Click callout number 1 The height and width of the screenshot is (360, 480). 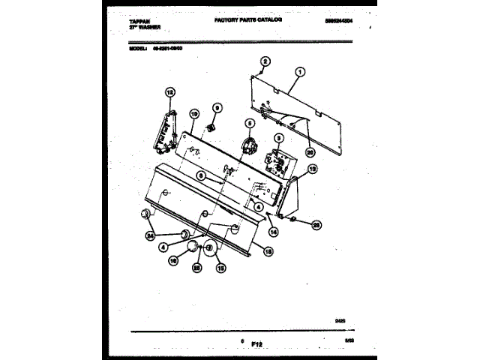(x=299, y=72)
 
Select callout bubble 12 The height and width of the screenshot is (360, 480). (x=169, y=93)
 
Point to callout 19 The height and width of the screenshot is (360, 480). (x=193, y=115)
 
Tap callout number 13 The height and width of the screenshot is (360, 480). (x=313, y=169)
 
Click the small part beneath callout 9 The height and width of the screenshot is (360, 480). (x=213, y=127)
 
